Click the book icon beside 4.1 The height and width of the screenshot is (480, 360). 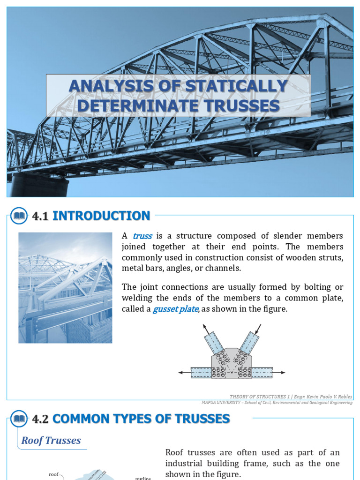20,216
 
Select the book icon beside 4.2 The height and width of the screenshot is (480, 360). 20,419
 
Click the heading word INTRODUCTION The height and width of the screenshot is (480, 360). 101,216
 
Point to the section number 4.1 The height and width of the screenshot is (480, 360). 41,217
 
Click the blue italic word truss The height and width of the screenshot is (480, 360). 142,236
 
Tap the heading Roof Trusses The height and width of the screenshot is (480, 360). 51,441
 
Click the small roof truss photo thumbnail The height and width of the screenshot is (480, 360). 65,287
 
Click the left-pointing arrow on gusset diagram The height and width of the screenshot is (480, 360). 184,373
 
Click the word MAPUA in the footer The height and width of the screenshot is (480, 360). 211,403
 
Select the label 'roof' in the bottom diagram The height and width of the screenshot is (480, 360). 53,474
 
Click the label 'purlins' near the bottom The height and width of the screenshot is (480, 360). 142,478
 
